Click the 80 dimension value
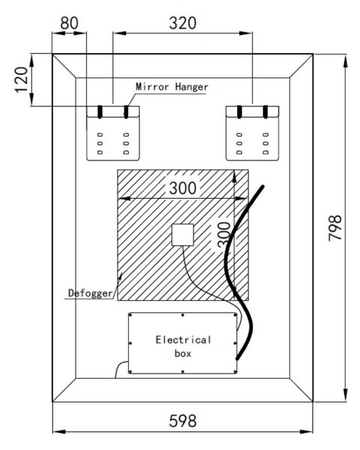pos(69,23)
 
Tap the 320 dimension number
pos(182,23)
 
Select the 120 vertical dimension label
pos(22,79)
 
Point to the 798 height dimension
pos(335,228)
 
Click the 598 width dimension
pos(182,421)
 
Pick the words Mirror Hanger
pos(172,87)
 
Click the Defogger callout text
pos(91,293)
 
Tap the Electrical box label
pos(183,346)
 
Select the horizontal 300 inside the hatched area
pos(182,188)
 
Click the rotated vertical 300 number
pos(224,234)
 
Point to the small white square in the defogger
pos(182,235)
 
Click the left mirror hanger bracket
pos(113,133)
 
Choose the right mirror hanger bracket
pos(252,133)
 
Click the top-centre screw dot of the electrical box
pos(182,315)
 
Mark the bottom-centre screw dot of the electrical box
pos(182,372)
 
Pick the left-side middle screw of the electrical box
pos(130,343)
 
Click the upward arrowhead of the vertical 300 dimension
pos(234,176)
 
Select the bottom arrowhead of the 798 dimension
pos(346,394)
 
